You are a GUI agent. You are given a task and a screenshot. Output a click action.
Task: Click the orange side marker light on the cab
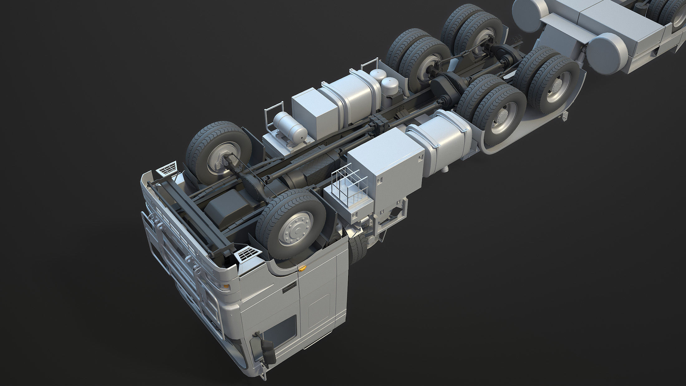pos(301,268)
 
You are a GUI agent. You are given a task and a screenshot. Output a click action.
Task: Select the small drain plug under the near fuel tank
pos(445,170)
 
